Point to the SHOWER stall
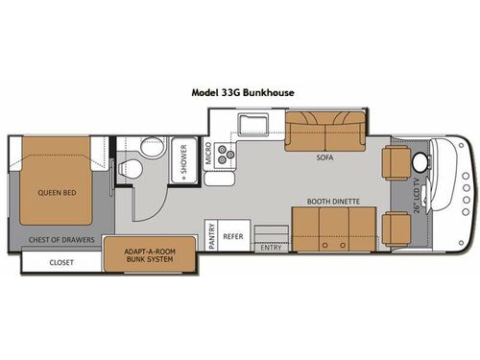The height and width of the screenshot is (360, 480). pyautogui.click(x=184, y=167)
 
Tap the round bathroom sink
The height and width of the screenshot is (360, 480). pyautogui.click(x=150, y=148)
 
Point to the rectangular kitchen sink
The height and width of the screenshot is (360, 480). pyautogui.click(x=254, y=125)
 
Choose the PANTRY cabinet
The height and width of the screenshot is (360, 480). pyautogui.click(x=210, y=233)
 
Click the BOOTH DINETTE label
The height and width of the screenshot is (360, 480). pyautogui.click(x=329, y=202)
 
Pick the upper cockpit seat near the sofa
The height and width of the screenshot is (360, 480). pyautogui.click(x=396, y=162)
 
